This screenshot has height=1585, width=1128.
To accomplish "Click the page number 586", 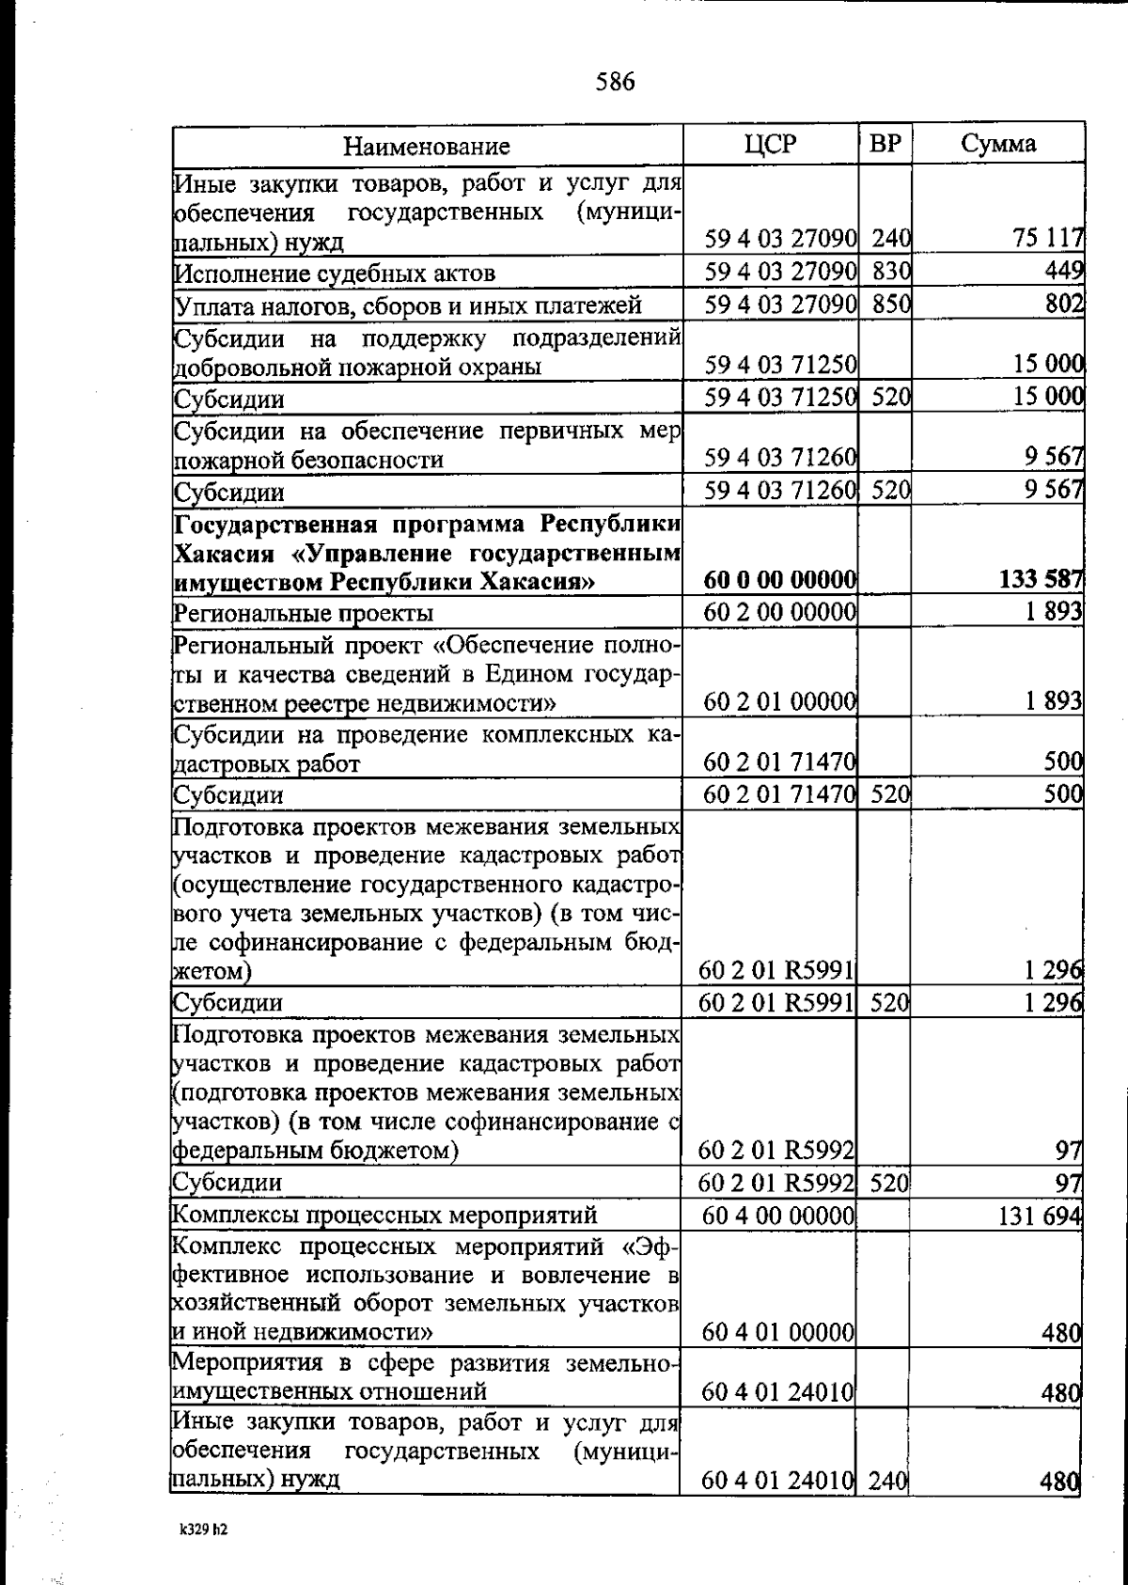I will pos(616,83).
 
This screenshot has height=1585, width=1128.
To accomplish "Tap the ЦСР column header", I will pos(769,144).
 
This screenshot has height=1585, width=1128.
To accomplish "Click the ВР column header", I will pos(885,144).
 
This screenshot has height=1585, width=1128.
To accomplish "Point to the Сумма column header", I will pos(998,144).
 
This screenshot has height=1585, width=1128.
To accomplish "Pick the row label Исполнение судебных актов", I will pos(335,274).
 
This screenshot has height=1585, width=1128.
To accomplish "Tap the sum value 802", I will pos(1064,304).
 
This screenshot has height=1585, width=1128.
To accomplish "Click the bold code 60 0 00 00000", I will pos(779,581).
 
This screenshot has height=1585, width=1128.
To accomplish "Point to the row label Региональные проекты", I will pos(304,613).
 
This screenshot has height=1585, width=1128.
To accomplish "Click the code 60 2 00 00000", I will pos(779,612).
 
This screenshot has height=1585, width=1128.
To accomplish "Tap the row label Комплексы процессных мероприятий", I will pos(385,1216).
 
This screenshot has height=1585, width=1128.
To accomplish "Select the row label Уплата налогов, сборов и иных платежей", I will pos(408,305).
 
